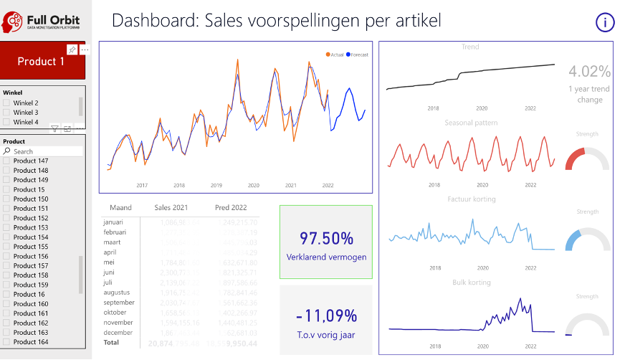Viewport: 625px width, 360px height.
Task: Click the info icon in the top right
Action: click(605, 22)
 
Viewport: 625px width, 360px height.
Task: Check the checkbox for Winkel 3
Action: click(7, 113)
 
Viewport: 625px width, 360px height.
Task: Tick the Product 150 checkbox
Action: click(7, 199)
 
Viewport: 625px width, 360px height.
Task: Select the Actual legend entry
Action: click(335, 55)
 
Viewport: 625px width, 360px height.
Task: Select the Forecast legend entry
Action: click(357, 55)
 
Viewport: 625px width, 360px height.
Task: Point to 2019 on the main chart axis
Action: click(216, 185)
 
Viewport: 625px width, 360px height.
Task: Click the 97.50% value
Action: click(326, 238)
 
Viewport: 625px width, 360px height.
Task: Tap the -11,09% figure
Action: click(326, 316)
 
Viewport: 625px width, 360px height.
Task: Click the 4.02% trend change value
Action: click(589, 72)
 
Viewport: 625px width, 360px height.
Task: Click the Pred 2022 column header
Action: click(231, 208)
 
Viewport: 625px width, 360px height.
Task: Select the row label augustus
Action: click(117, 293)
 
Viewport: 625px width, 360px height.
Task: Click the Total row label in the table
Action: click(112, 344)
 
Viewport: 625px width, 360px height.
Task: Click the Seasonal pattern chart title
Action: click(470, 123)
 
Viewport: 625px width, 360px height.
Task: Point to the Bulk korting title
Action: click(470, 283)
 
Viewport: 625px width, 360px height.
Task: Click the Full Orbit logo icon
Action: click(12, 22)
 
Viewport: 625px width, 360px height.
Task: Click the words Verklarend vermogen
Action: click(326, 257)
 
